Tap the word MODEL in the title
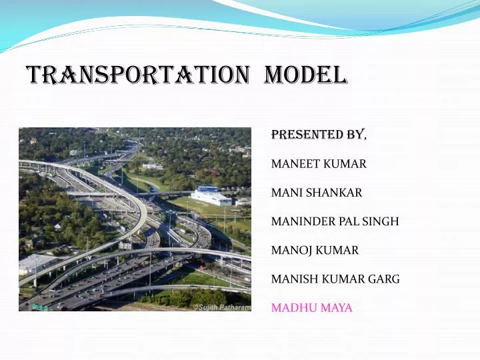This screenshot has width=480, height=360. click(x=305, y=75)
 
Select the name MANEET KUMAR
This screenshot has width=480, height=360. click(x=319, y=163)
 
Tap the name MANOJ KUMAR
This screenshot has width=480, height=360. click(x=315, y=251)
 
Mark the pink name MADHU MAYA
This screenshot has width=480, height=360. click(x=311, y=308)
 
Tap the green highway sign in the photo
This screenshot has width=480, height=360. click(x=40, y=307)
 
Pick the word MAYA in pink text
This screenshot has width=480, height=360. click(x=337, y=308)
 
